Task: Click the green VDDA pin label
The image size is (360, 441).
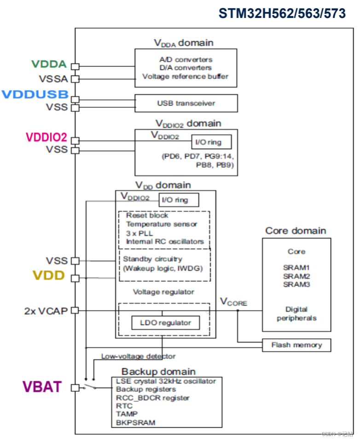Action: pos(49,65)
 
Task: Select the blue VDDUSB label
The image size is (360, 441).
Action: pos(35,94)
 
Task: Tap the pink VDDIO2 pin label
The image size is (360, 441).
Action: pos(46,137)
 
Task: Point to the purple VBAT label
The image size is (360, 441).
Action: pos(42,387)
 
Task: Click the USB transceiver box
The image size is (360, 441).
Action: pos(186,103)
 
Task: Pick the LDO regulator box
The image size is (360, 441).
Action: pos(165,323)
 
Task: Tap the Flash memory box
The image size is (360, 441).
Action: pos(296,345)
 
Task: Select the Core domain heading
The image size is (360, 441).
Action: pos(296,231)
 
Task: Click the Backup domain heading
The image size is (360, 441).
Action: pos(158,371)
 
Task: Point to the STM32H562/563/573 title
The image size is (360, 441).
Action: pos(282,14)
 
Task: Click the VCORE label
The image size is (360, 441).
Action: pos(233,302)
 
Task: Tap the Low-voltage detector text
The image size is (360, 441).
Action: pos(138,356)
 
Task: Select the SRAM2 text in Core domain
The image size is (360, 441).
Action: pos(297,276)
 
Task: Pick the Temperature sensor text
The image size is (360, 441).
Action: pos(162,224)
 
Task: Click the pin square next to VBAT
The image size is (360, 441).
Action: pos(75,388)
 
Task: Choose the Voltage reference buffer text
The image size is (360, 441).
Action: pos(186,76)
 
